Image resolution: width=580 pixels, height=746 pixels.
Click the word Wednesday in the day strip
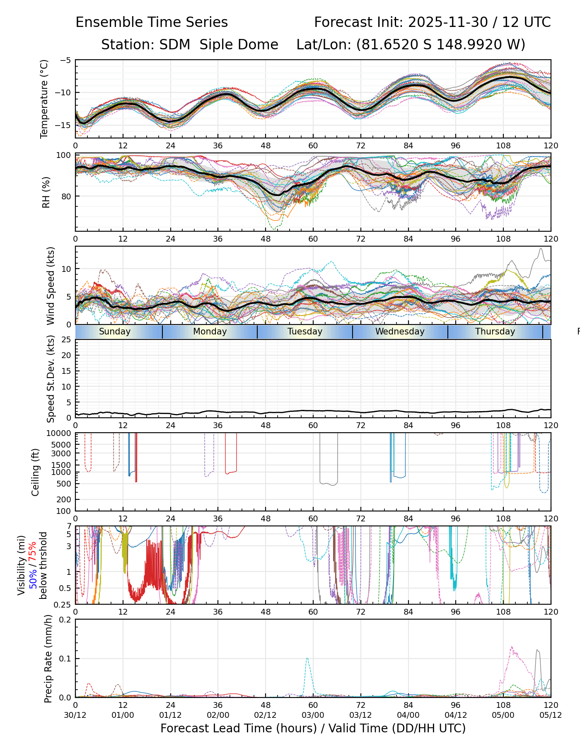tap(400, 332)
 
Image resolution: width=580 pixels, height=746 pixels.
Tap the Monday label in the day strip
tap(210, 332)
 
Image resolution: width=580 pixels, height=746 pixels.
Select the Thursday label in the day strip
tap(495, 332)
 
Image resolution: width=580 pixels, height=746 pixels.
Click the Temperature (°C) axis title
tap(44, 99)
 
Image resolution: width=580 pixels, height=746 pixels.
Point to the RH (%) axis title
tap(46, 192)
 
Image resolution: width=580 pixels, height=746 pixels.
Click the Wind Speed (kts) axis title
tap(51, 286)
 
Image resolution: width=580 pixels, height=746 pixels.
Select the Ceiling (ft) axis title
tap(36, 472)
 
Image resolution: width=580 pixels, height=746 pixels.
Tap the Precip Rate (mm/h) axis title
tap(48, 659)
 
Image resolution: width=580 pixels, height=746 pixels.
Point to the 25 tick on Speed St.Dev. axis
tap(66, 340)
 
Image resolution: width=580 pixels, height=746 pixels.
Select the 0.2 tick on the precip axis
tap(65, 620)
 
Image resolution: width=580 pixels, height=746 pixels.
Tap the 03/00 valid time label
tap(313, 715)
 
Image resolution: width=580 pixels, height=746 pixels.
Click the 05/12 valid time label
tap(551, 715)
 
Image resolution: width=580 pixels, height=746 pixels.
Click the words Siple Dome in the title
tap(239, 45)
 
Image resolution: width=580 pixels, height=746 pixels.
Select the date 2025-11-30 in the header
tap(448, 22)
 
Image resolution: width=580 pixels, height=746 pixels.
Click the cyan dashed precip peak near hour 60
tap(307, 658)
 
